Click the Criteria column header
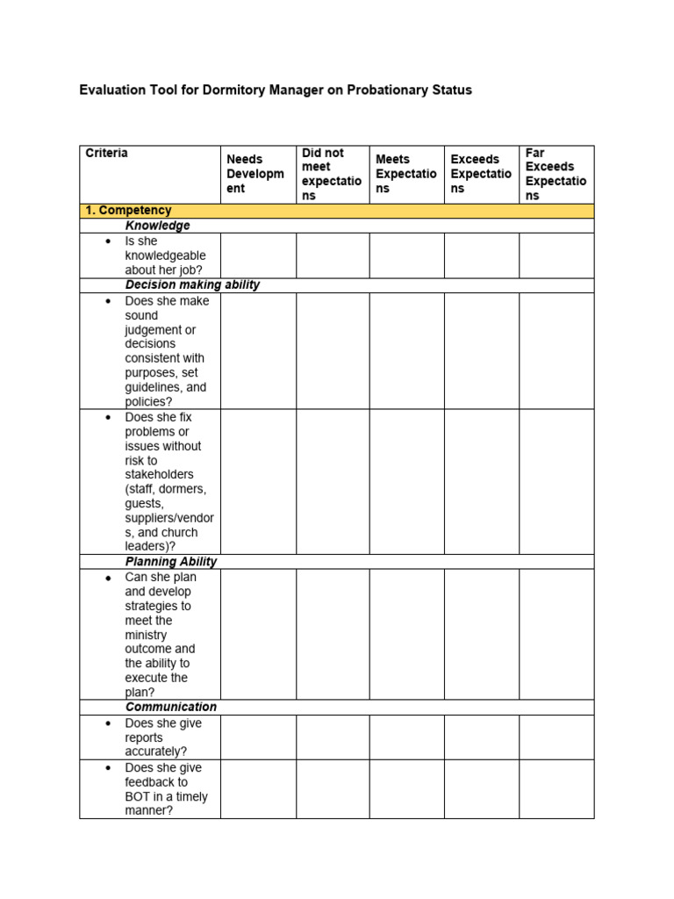pyautogui.click(x=106, y=154)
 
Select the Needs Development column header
pyautogui.click(x=255, y=174)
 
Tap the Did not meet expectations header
pyautogui.click(x=331, y=174)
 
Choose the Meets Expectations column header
pyautogui.click(x=405, y=174)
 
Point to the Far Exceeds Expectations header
pyautogui.click(x=556, y=174)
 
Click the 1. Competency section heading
pyautogui.click(x=128, y=211)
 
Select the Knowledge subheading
pyautogui.click(x=157, y=226)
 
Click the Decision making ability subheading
pyautogui.click(x=192, y=285)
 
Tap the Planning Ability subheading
pyautogui.click(x=171, y=562)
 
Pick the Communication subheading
pyautogui.click(x=170, y=707)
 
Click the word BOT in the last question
pyautogui.click(x=138, y=797)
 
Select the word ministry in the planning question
pyautogui.click(x=146, y=635)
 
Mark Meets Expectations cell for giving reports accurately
pyautogui.click(x=406, y=737)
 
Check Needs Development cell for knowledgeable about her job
pyautogui.click(x=258, y=255)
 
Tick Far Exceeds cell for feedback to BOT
pyautogui.click(x=556, y=788)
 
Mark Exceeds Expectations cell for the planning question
pyautogui.click(x=481, y=634)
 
